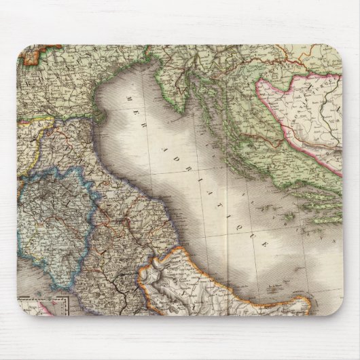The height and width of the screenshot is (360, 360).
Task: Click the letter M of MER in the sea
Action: [126, 99]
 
